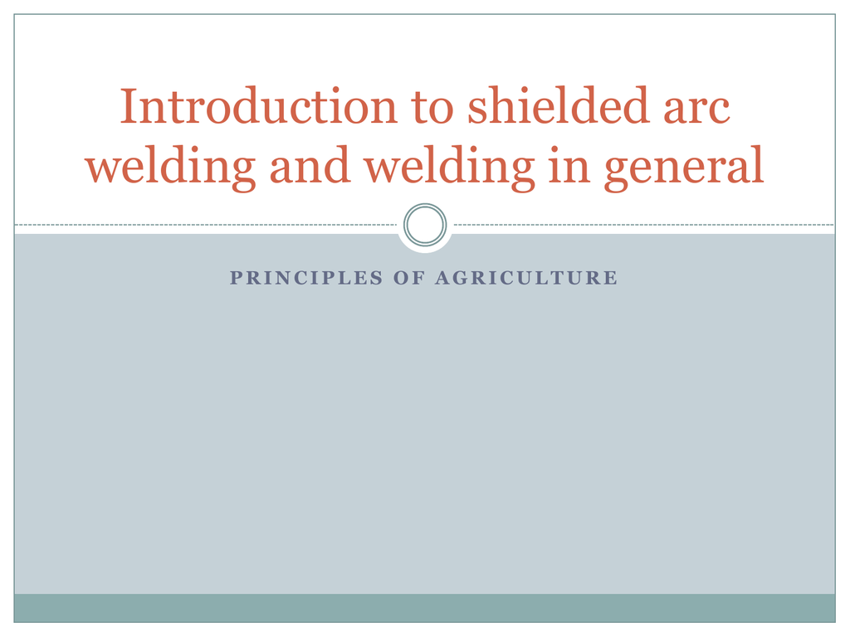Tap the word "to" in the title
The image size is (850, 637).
click(x=432, y=109)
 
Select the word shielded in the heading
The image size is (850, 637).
click(x=559, y=105)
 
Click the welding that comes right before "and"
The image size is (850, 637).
click(x=171, y=167)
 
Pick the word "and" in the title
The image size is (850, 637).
click(x=310, y=165)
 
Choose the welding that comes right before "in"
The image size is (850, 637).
click(x=450, y=167)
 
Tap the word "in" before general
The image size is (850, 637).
click(x=569, y=165)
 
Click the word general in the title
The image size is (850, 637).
click(x=684, y=167)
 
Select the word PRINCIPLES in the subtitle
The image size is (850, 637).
click(x=306, y=278)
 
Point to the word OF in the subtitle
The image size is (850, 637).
click(x=408, y=278)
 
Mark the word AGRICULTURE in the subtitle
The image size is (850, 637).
click(x=526, y=278)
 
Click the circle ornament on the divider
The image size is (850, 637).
click(x=425, y=206)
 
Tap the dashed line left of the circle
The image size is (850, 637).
click(x=206, y=224)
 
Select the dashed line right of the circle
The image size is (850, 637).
click(x=644, y=224)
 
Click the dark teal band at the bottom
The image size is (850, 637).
click(x=424, y=608)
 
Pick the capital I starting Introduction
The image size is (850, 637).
click(x=129, y=107)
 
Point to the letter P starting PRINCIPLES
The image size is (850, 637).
click(x=236, y=278)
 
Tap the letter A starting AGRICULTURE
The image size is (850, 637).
click(x=443, y=278)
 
